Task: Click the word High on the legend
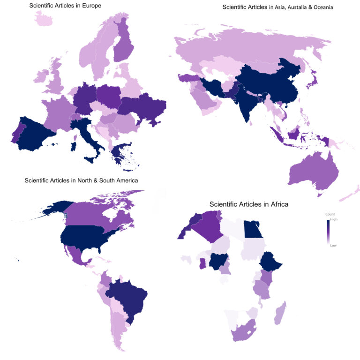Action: (334, 219)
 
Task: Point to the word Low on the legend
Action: (333, 245)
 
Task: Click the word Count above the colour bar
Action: (330, 214)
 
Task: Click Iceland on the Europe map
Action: (42, 20)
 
